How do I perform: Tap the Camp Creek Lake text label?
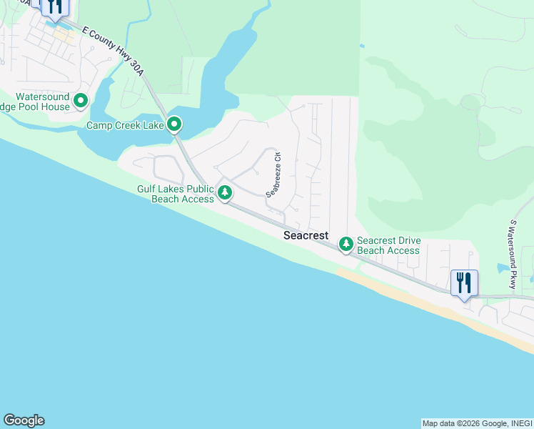[126, 126]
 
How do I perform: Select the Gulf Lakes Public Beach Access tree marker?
[225, 192]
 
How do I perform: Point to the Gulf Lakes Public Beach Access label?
[176, 194]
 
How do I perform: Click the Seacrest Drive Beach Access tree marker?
[346, 245]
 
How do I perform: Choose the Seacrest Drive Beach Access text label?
[388, 245]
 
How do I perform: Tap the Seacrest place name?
[306, 235]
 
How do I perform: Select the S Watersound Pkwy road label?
[513, 254]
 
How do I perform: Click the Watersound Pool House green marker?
[80, 102]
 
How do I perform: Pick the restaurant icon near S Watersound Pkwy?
[463, 283]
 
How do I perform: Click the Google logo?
[24, 420]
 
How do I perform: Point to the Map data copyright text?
[476, 423]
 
